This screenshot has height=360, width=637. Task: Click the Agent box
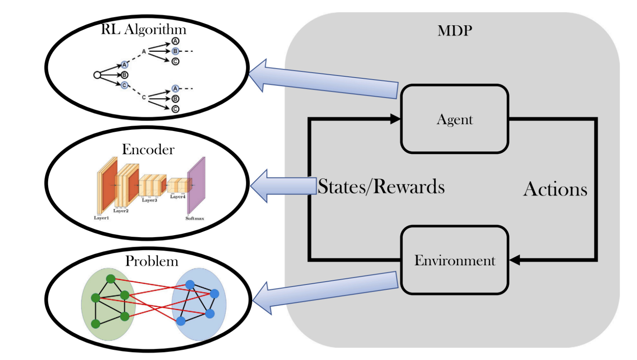point(455,119)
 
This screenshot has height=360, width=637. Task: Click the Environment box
point(455,260)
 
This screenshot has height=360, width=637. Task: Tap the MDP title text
point(455,31)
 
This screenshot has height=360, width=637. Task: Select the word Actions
point(555,189)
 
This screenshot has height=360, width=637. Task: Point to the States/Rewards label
point(381,187)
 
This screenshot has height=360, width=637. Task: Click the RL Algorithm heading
point(143,29)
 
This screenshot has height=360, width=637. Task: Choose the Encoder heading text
point(148,149)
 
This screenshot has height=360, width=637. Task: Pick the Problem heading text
point(151,261)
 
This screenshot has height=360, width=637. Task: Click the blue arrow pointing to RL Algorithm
point(323,81)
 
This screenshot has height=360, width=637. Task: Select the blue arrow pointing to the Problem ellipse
point(323,292)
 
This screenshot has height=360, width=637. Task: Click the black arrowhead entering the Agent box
point(395,119)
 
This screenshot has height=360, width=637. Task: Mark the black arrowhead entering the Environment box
point(515,260)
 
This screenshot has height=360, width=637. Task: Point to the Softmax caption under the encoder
point(195,219)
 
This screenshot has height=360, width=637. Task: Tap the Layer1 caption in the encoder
point(101,218)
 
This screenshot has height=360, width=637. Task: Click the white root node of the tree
point(97,75)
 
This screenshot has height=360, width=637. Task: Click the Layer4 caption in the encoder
point(177,197)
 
